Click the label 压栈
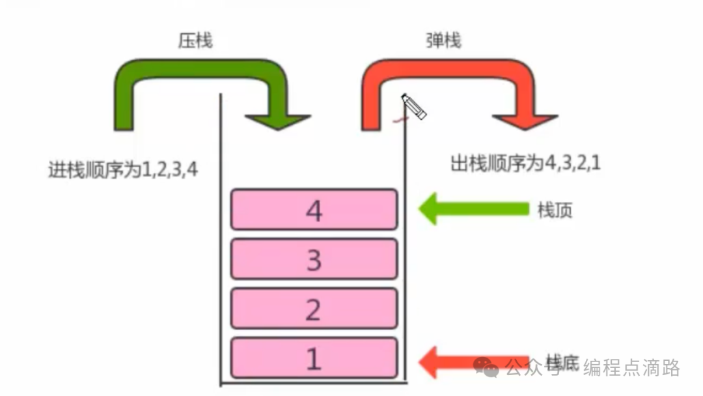[195, 41]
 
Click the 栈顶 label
[555, 210]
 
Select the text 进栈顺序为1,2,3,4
[123, 170]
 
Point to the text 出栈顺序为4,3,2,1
[526, 163]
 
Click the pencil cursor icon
[414, 106]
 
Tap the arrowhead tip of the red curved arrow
[525, 128]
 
